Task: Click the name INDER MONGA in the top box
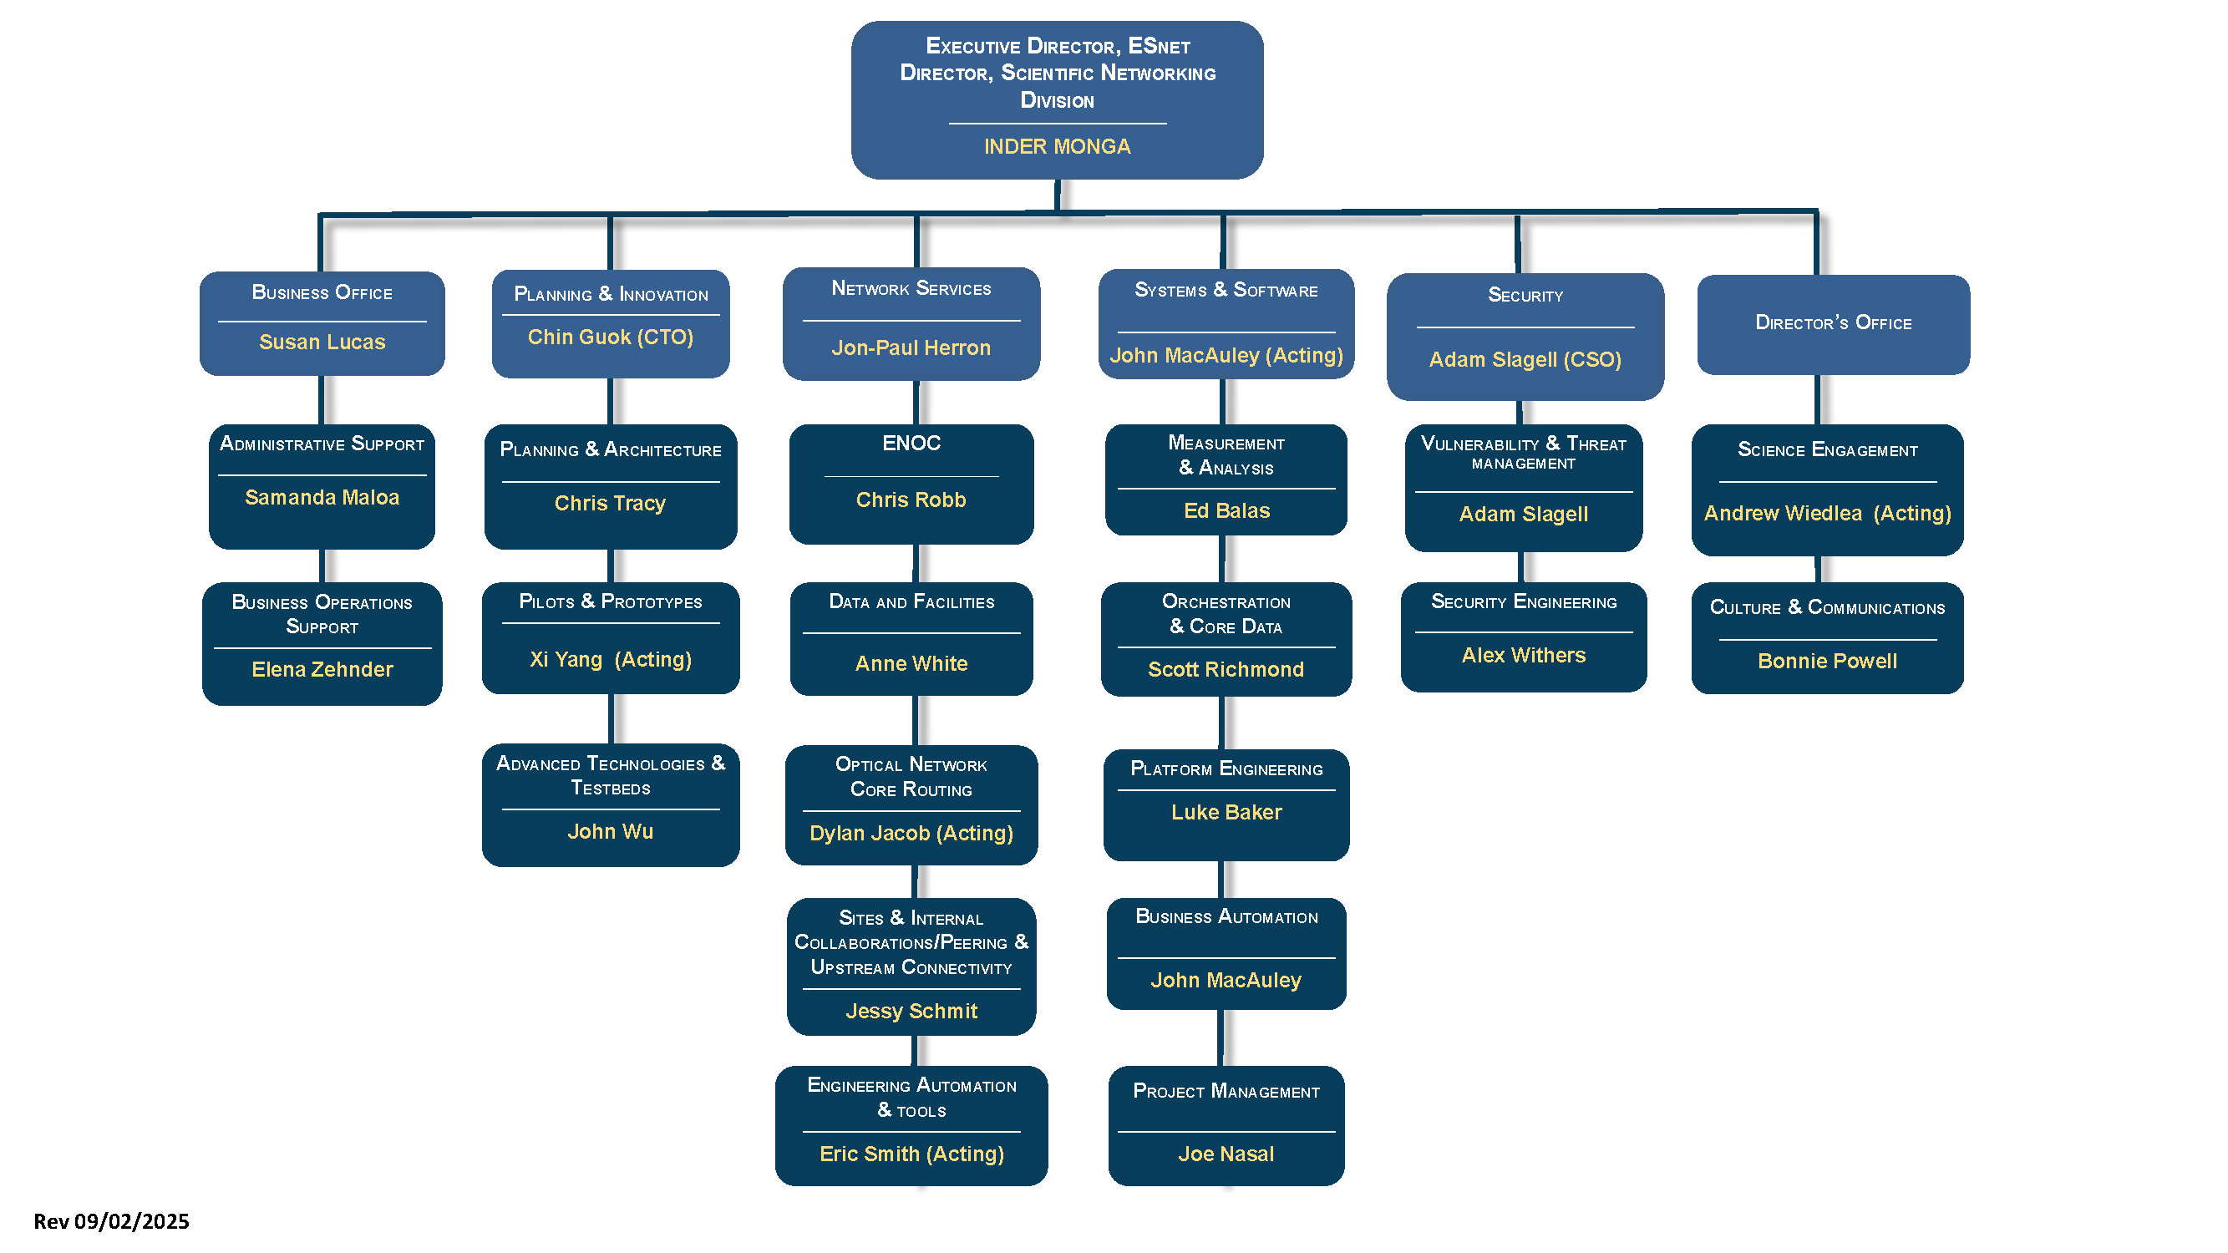click(1056, 146)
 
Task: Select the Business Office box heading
click(322, 292)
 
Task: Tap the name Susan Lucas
click(322, 342)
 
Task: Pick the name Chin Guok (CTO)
click(610, 337)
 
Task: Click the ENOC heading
click(911, 443)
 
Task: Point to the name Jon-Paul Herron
click(911, 347)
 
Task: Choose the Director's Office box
click(1833, 323)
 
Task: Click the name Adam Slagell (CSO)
click(1524, 359)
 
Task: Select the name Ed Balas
click(1226, 510)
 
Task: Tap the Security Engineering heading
click(1523, 601)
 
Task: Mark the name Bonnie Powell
click(1827, 661)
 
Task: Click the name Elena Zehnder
click(322, 669)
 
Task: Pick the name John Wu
click(610, 831)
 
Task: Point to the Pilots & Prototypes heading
click(610, 601)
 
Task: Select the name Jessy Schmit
click(911, 1011)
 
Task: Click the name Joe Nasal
click(1226, 1154)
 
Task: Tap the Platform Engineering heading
click(1226, 769)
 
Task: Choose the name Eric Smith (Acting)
click(911, 1154)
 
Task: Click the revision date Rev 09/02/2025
click(111, 1221)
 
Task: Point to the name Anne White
click(911, 663)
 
